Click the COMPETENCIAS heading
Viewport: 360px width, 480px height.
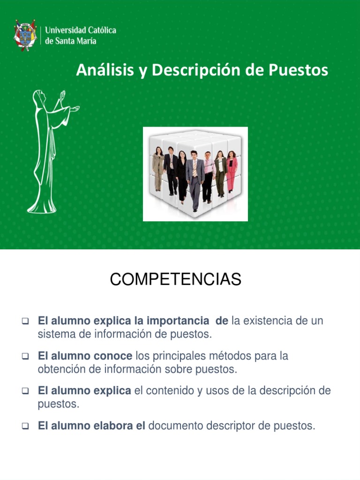[x=175, y=280]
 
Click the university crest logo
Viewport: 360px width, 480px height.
[x=25, y=35]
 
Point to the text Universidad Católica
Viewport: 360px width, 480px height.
[x=81, y=30]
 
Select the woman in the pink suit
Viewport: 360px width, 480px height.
[x=232, y=171]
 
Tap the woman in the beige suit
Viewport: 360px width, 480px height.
[x=158, y=169]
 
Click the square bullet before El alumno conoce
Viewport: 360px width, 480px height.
[x=26, y=357]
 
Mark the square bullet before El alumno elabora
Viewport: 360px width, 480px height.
[x=26, y=427]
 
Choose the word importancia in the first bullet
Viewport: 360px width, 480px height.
[x=178, y=321]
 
